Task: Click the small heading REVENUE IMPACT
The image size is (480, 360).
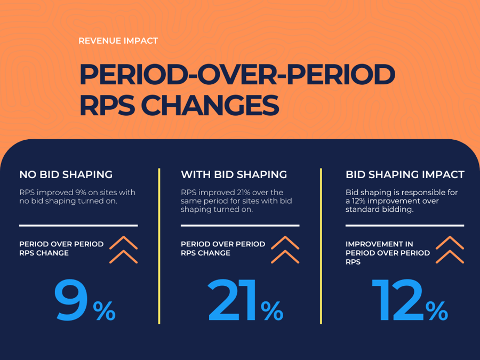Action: click(118, 41)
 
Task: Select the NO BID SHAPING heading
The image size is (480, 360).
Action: click(66, 174)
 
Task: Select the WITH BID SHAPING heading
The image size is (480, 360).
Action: click(234, 174)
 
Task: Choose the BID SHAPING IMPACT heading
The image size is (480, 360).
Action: click(405, 174)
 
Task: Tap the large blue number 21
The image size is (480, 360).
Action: click(233, 302)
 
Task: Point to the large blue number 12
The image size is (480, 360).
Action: click(397, 302)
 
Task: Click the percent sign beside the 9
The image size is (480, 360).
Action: click(105, 311)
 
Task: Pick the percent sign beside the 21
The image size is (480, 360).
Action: click(272, 311)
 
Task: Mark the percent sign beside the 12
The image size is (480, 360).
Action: click(437, 311)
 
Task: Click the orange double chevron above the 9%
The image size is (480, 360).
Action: click(123, 250)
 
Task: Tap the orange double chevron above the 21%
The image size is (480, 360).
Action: click(285, 250)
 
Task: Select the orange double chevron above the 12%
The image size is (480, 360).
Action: click(450, 250)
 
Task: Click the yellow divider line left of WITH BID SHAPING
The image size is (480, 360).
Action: click(159, 245)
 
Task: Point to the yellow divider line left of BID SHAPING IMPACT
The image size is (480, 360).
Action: click(321, 245)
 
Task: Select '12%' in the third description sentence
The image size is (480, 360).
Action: click(361, 202)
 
